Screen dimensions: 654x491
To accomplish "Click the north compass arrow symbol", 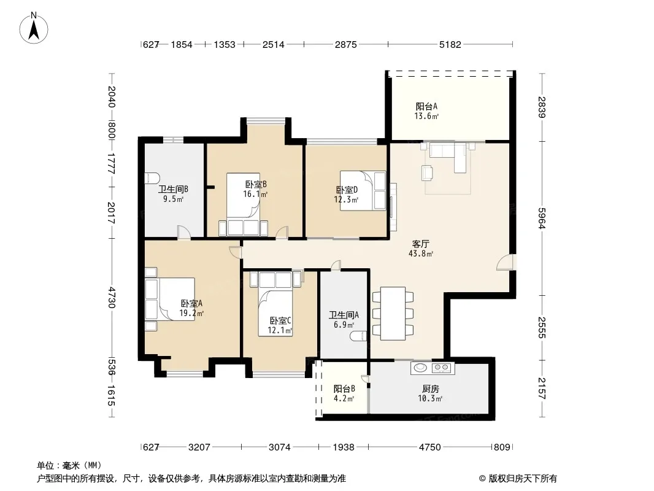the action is click(34, 28).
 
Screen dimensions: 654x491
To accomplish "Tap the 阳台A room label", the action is click(426, 106).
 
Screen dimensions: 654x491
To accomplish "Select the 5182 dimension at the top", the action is click(450, 44).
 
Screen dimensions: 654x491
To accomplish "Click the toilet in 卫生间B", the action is click(152, 178).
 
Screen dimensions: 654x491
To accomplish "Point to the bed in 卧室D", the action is click(363, 190).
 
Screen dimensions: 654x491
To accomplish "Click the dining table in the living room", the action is click(393, 313).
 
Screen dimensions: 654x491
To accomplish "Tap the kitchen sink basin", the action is click(420, 368).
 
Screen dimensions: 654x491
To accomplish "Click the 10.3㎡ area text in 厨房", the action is click(430, 398).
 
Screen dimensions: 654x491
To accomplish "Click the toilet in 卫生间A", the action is click(360, 336).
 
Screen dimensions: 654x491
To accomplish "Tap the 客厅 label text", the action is click(420, 244).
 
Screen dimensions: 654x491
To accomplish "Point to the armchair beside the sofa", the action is click(427, 172).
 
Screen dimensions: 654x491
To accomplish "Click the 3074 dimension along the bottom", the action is click(279, 447).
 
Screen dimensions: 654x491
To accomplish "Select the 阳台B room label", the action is click(344, 389).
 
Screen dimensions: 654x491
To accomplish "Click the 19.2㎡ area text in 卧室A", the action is click(191, 313).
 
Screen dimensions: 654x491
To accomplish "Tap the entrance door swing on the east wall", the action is click(506, 263).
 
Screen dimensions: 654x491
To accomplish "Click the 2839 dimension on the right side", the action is click(542, 107).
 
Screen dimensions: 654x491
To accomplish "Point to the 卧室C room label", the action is click(280, 320).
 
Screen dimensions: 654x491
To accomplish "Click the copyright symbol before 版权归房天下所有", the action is click(482, 479).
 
